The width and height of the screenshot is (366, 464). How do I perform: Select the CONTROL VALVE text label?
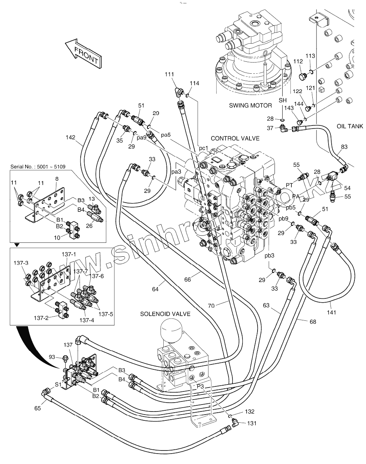(x=235, y=138)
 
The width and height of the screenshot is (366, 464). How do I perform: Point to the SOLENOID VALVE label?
(x=165, y=314)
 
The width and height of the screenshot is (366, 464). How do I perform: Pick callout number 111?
(x=169, y=74)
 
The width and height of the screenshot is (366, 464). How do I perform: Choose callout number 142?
(x=71, y=137)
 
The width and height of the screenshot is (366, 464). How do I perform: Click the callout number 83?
(x=344, y=147)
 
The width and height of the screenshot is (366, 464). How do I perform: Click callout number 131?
(x=252, y=423)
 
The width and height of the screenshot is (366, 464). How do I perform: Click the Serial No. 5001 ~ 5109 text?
(x=38, y=167)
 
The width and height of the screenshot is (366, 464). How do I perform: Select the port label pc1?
(x=203, y=148)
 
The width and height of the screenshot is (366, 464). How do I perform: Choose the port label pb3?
(x=269, y=255)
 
